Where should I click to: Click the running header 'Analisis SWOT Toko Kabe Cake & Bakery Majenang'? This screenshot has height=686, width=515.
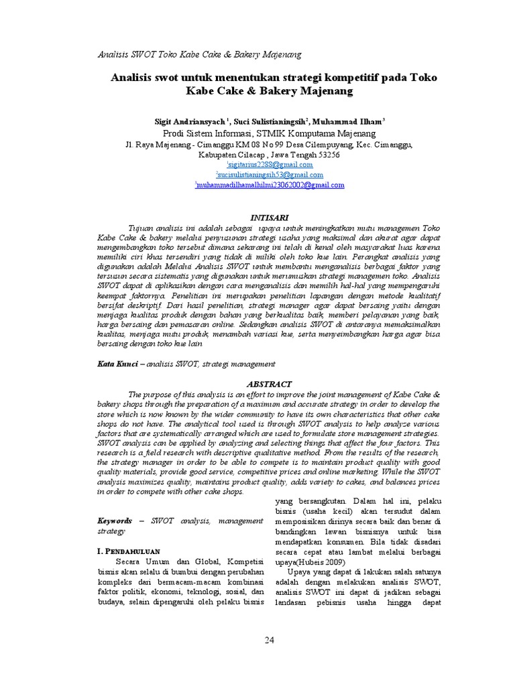199,54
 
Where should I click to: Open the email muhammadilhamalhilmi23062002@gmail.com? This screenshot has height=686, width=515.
270,186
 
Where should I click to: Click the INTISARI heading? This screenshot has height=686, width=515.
269,218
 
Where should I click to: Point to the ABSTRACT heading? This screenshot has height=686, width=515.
270,384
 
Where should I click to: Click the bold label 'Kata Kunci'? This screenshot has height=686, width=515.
117,364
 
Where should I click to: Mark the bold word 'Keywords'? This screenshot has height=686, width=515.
115,520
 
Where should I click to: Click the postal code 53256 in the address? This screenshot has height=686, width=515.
325,155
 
